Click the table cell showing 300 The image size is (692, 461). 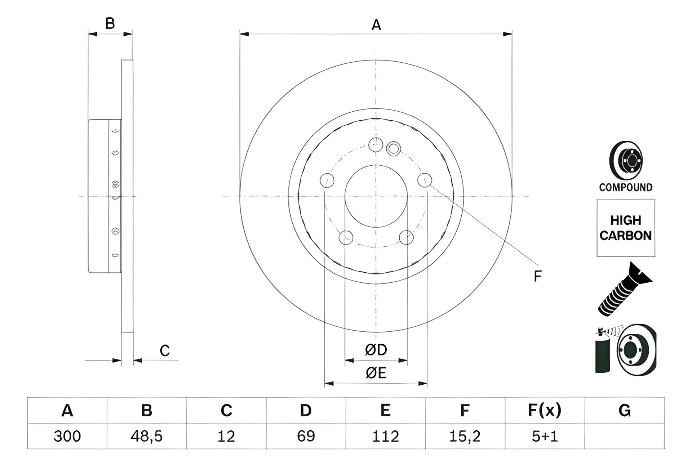tap(67, 436)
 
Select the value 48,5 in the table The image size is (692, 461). tap(147, 436)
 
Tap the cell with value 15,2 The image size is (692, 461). tap(465, 436)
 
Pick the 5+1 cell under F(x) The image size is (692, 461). tap(545, 436)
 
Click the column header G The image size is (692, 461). tap(625, 411)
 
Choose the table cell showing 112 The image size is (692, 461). tap(386, 436)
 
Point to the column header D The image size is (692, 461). tap(306, 411)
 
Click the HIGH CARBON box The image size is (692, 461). tap(626, 228)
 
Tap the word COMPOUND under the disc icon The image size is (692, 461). tap(626, 187)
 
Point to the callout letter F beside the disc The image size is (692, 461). tap(537, 276)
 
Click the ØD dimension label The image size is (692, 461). tap(376, 350)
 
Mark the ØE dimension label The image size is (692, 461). tap(376, 373)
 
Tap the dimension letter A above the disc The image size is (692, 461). tap(376, 25)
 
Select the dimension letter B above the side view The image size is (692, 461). tap(110, 23)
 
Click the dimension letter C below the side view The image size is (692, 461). tap(165, 350)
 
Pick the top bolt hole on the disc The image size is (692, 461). tap(376, 144)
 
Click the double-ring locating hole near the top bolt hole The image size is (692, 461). tap(393, 148)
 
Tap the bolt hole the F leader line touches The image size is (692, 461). tap(425, 180)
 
